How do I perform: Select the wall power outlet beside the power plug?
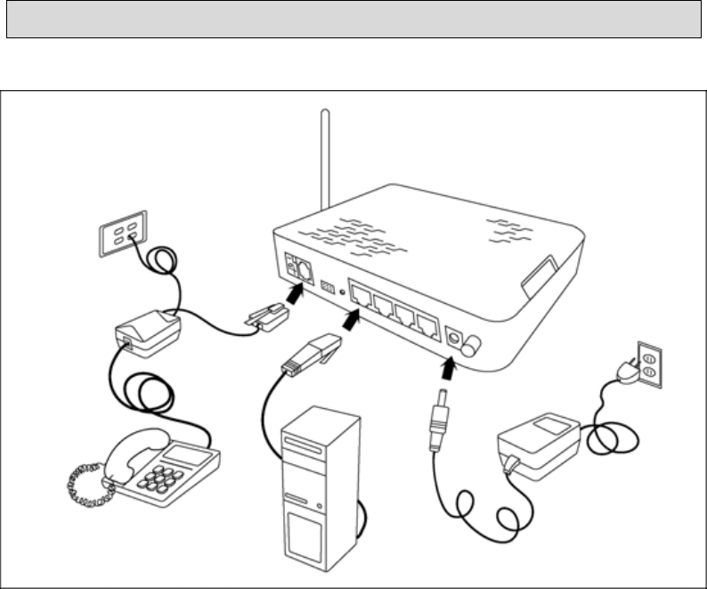(648, 364)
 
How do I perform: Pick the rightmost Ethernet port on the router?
(429, 324)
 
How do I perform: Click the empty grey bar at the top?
(353, 20)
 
